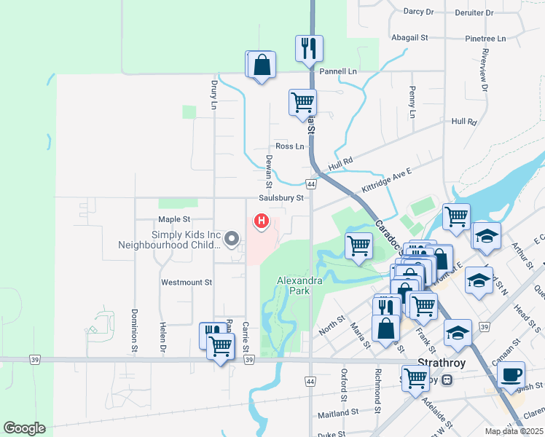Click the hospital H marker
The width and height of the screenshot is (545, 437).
click(260, 221)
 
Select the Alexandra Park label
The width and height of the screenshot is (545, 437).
click(294, 286)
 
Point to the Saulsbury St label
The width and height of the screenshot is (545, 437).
click(280, 197)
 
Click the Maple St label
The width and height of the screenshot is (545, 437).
click(174, 219)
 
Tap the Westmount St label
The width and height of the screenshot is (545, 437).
click(187, 282)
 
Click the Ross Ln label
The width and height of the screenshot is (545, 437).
click(289, 146)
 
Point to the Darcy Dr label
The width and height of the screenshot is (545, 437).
click(418, 12)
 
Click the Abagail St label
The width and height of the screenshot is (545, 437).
click(409, 37)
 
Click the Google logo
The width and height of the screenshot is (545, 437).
click(24, 428)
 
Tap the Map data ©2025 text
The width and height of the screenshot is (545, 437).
click(514, 431)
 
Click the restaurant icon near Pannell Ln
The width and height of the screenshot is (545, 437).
click(309, 49)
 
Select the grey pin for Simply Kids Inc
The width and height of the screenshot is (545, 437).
click(232, 238)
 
